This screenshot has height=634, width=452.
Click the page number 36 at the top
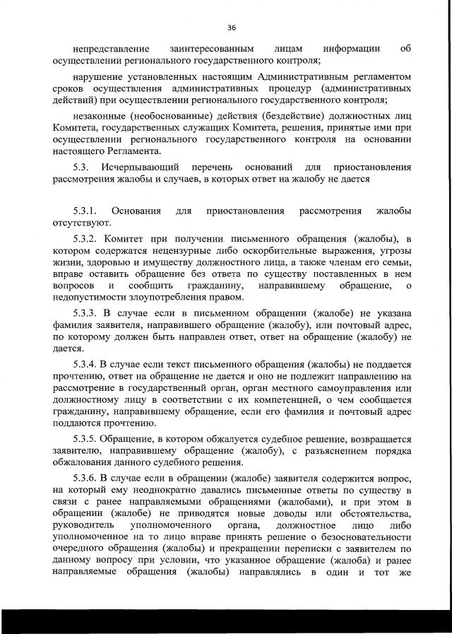tap(231, 28)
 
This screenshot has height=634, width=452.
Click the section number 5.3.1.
tap(88, 211)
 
